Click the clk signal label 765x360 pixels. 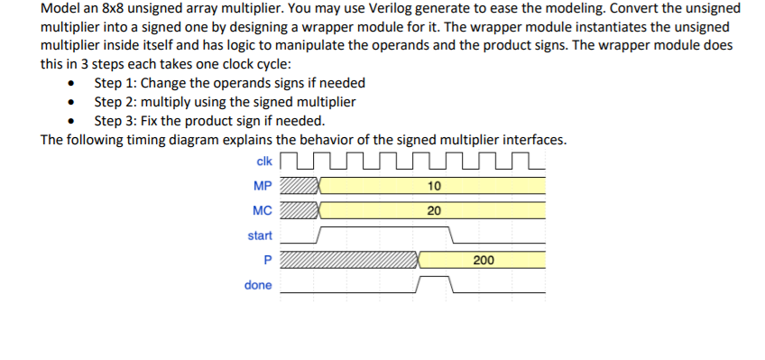point(264,162)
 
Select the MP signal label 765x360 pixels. point(263,187)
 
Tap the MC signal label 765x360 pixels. point(263,211)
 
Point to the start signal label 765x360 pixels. point(260,235)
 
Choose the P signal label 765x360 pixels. point(267,260)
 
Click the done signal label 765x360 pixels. point(258,285)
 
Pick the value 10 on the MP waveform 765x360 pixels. point(434,187)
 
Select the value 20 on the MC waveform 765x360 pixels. point(434,211)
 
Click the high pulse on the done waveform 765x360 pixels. point(434,280)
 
